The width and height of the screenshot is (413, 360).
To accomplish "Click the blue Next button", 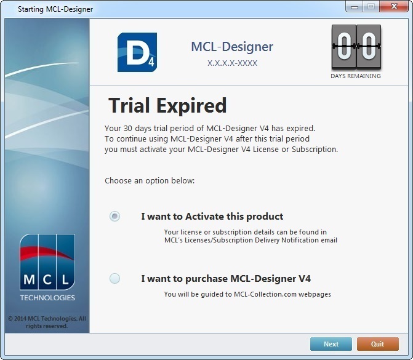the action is point(331,344).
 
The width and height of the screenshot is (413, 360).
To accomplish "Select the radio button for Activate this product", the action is point(115,216).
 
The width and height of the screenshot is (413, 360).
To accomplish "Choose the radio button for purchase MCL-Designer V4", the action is point(115,278).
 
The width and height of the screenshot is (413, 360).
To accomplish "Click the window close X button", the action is point(394,6).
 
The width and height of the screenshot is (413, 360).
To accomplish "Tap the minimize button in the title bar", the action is point(355,7).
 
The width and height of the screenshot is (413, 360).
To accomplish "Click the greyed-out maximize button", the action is point(371,6).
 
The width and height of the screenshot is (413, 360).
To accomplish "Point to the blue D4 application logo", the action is point(137,52).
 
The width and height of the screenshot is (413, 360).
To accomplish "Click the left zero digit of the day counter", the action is point(343,47).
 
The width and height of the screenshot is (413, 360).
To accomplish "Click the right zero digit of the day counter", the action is point(369,47).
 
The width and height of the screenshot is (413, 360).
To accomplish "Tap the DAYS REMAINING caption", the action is point(356,76).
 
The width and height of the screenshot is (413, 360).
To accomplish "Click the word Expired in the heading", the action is point(191,106).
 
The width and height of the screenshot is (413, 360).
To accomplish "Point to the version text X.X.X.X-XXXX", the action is point(232,63).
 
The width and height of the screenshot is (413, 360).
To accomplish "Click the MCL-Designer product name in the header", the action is point(232,47).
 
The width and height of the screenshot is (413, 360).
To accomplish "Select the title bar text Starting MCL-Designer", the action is point(55,9).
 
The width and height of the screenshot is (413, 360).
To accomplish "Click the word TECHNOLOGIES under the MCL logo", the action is point(47,298).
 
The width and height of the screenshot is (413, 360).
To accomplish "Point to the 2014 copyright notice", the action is point(47,322).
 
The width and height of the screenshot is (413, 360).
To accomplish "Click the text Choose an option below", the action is point(150,181).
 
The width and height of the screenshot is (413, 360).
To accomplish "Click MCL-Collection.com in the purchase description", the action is point(265,294).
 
